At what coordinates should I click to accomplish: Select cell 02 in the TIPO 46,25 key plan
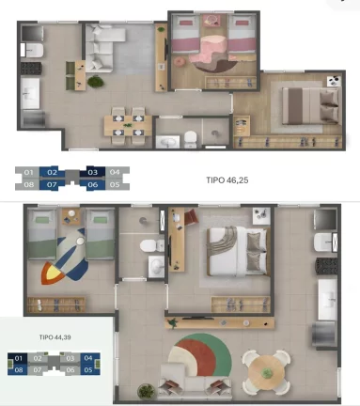[54, 172]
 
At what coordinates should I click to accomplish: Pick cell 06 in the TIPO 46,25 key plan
[93, 184]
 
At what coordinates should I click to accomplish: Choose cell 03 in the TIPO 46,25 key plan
[93, 172]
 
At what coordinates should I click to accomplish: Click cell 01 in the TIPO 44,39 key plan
[19, 358]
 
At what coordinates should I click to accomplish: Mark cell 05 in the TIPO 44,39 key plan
[88, 370]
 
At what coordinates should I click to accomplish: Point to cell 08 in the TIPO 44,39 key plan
[19, 370]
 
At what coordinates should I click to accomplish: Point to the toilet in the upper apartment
[191, 139]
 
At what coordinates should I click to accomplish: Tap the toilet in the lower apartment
[148, 246]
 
